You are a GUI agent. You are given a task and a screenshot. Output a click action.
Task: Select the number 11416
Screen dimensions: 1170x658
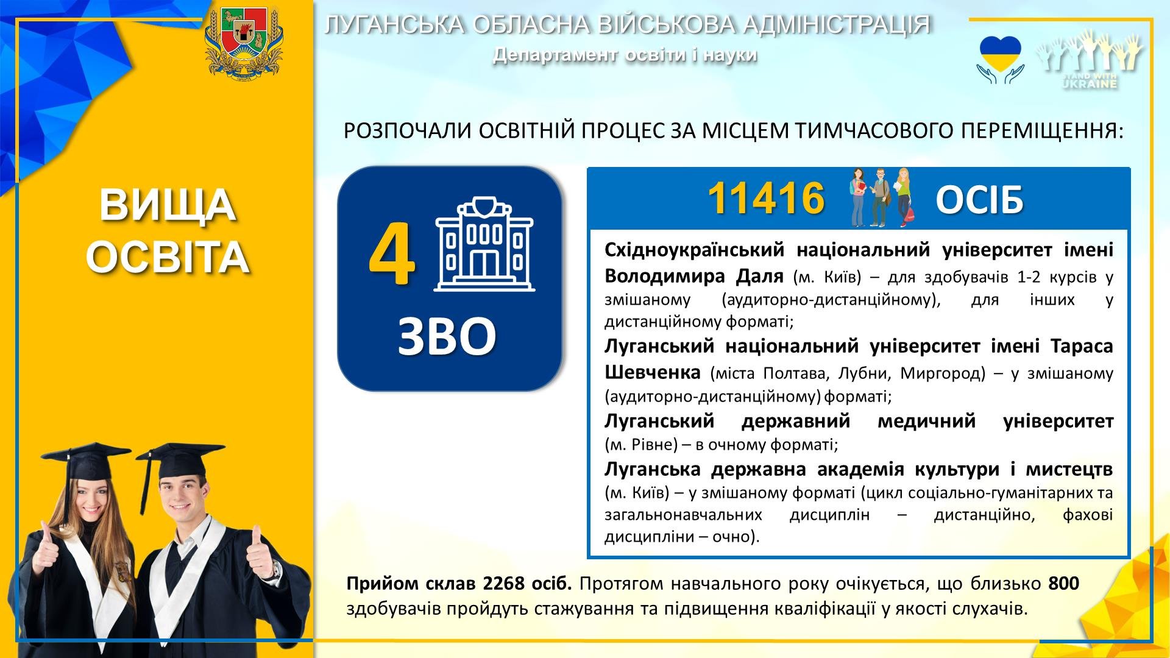766,199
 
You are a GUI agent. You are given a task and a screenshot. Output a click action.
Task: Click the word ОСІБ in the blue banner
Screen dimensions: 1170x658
979,200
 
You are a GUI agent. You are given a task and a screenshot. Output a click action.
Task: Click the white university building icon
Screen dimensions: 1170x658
484,244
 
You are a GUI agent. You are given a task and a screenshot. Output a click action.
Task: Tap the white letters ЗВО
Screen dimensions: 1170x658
447,336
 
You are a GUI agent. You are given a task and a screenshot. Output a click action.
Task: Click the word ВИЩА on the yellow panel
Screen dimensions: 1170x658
168,205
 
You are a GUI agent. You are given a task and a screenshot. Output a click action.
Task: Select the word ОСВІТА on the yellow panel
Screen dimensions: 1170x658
168,256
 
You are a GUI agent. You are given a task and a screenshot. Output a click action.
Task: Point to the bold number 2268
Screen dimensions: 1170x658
503,584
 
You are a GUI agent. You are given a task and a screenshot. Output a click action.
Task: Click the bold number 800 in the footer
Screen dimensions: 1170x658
1063,584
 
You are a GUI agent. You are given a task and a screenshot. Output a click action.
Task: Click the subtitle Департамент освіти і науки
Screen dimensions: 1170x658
625,55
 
